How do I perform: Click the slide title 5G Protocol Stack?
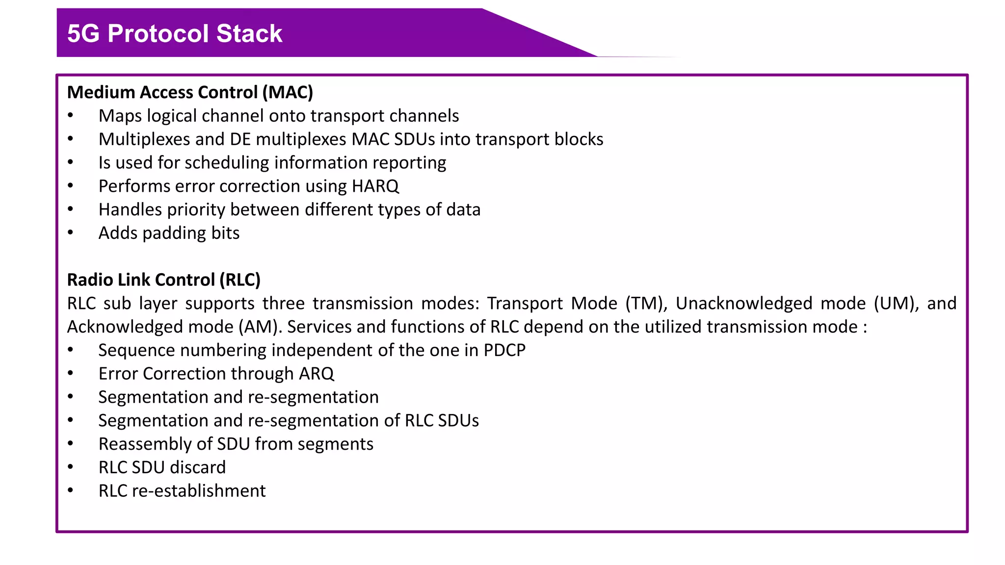(x=174, y=33)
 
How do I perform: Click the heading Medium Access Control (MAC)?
(x=190, y=92)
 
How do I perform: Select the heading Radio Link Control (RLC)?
(x=163, y=280)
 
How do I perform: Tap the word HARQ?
(x=375, y=186)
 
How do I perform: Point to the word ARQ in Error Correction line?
(x=316, y=374)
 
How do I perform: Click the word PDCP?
(x=504, y=350)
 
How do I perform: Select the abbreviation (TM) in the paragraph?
(x=646, y=303)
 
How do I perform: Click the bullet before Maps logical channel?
(x=71, y=116)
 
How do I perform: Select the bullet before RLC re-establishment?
(x=71, y=490)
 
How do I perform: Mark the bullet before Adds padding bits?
(x=71, y=233)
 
